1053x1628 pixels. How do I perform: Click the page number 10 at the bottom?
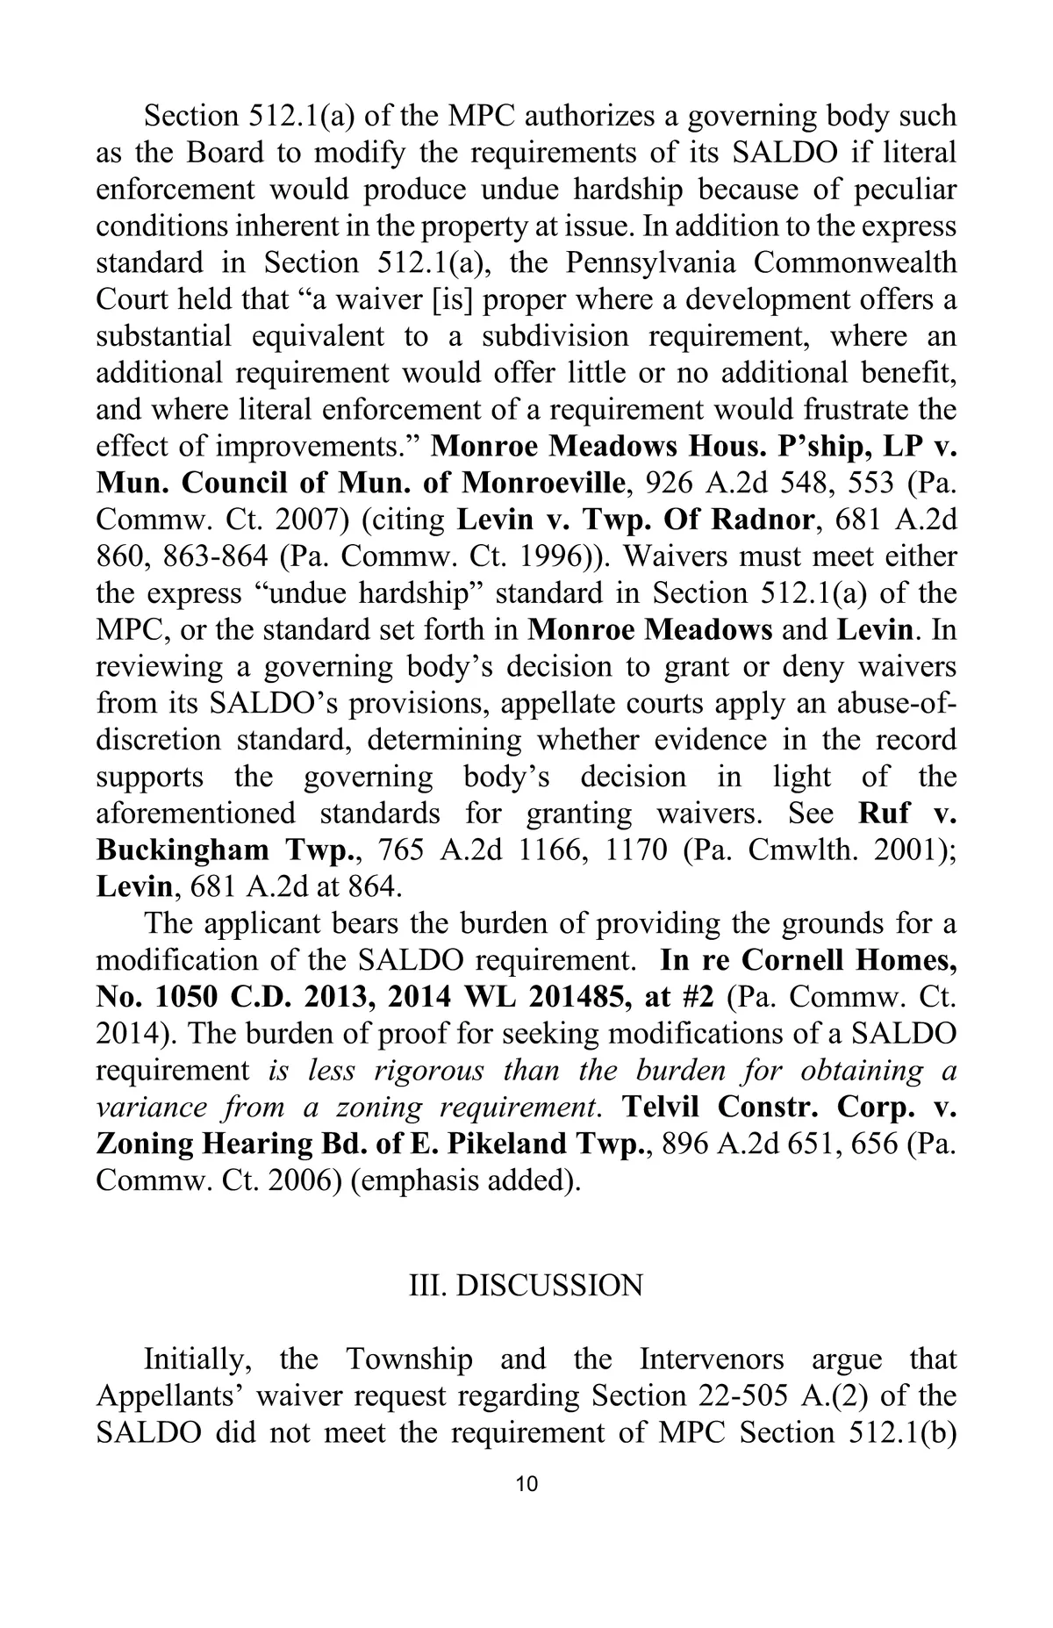526,1485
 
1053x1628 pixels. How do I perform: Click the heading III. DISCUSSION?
526,1286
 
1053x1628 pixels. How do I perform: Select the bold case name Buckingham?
183,850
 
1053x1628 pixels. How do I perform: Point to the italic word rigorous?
429,1071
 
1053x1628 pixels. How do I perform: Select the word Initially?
198,1359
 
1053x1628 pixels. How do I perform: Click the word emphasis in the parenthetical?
413,1180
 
